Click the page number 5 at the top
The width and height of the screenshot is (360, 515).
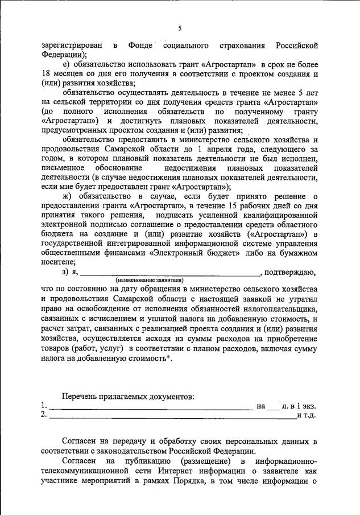click(180, 28)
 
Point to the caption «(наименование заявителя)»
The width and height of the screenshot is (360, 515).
click(149, 281)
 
